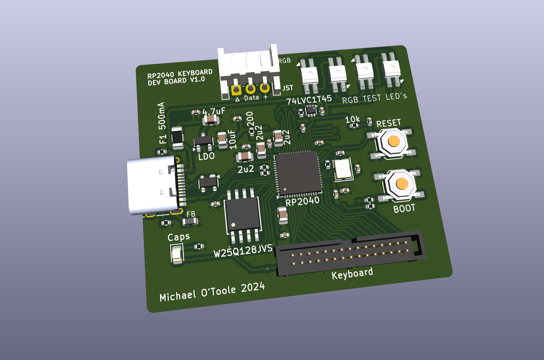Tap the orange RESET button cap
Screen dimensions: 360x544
394,141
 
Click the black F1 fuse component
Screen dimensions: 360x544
177,138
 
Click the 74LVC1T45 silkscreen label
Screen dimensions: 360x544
309,99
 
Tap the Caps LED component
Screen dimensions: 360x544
177,255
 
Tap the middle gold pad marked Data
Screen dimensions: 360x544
250,89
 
